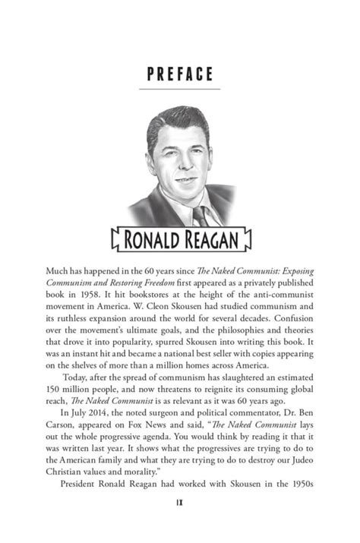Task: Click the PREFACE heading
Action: coord(179,74)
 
